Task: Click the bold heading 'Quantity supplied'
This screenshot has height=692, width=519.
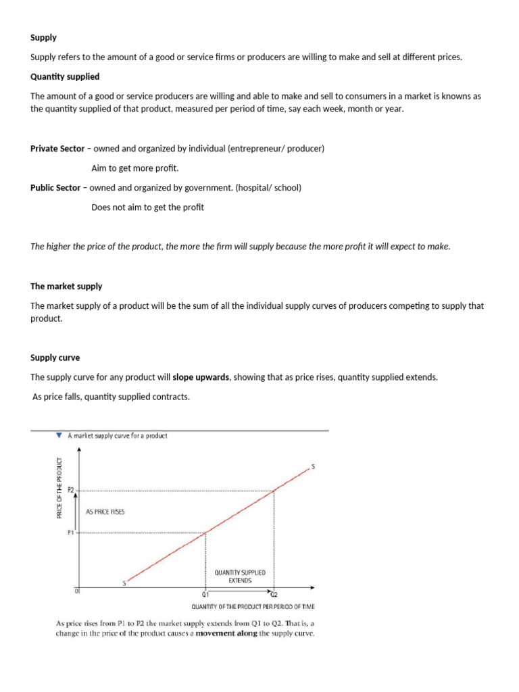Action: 65,76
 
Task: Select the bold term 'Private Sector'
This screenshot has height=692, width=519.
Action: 57,149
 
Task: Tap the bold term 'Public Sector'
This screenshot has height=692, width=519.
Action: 55,188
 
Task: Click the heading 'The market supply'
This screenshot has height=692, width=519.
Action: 66,287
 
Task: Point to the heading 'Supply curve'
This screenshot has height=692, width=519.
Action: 55,357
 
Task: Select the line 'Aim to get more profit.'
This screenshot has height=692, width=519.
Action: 135,168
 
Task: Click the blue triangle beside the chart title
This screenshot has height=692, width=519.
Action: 59,436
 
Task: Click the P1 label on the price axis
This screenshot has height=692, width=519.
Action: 71,533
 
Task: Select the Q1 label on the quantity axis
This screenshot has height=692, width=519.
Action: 205,595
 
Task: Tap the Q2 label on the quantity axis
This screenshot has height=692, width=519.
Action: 274,595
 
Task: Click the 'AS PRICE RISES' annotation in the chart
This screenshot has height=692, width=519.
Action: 105,512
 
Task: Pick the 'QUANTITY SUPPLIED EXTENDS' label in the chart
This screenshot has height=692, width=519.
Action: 240,576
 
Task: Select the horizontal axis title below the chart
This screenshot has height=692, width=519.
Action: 253,606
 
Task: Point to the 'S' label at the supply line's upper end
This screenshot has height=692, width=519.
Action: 313,466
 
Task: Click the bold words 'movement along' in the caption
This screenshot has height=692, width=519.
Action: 226,634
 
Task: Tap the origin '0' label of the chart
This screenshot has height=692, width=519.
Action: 76,591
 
